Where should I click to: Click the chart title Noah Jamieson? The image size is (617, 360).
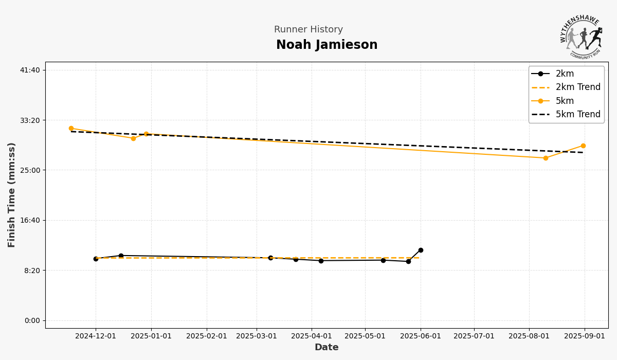click(x=326, y=45)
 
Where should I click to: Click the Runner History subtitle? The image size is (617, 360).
click(x=308, y=30)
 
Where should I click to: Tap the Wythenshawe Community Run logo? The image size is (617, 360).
click(x=581, y=37)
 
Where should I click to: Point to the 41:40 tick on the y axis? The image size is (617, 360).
click(x=29, y=70)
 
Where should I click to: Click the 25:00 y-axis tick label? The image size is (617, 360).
click(x=29, y=170)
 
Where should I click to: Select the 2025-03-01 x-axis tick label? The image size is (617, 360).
click(x=257, y=336)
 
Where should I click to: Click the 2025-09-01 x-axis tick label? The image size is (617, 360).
click(x=585, y=336)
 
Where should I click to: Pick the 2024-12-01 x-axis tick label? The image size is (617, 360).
click(x=96, y=336)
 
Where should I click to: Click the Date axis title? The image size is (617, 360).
click(x=326, y=348)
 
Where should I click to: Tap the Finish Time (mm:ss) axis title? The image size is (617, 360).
click(x=12, y=195)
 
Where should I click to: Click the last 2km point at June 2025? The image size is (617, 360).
click(x=421, y=250)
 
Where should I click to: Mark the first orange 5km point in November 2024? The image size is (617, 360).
click(x=71, y=129)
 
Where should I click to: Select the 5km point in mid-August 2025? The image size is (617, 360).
click(x=546, y=158)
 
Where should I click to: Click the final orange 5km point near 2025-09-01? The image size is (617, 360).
click(x=583, y=146)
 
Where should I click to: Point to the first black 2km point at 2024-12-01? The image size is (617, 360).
click(x=96, y=259)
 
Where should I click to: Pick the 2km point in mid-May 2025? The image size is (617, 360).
click(x=383, y=260)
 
